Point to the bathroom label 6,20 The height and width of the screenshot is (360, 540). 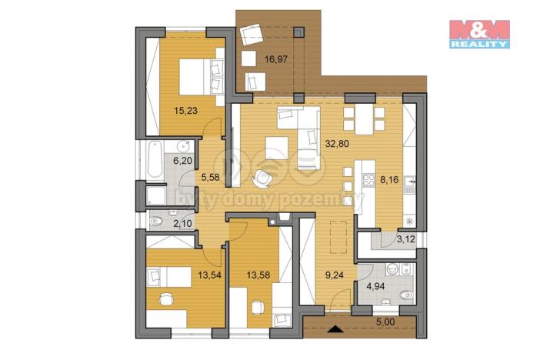(182, 162)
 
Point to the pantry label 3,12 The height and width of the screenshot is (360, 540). (404, 238)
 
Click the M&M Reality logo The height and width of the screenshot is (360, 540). (479, 34)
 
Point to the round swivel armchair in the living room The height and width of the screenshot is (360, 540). (263, 177)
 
